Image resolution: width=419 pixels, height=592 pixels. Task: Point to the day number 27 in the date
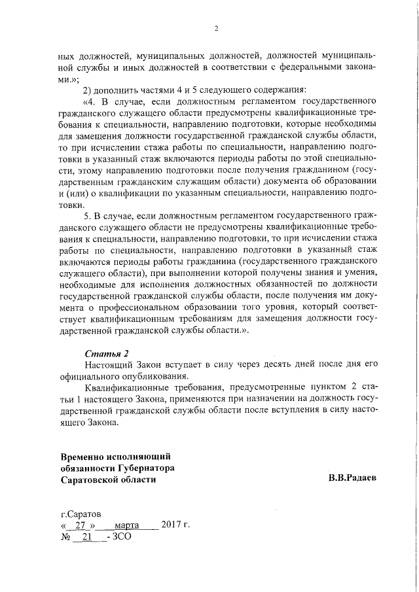81,526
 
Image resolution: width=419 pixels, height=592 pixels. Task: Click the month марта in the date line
127,526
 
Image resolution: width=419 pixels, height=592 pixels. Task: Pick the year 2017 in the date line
172,526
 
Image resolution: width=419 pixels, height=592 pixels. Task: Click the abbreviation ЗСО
122,537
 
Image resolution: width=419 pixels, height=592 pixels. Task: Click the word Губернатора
144,467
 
